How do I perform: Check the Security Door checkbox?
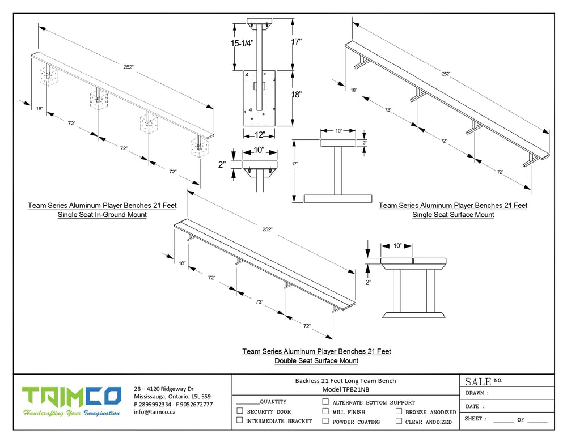pyautogui.click(x=240, y=411)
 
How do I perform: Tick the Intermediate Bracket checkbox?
pyautogui.click(x=240, y=420)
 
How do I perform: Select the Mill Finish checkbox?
pyautogui.click(x=325, y=411)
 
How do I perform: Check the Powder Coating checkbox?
pyautogui.click(x=325, y=421)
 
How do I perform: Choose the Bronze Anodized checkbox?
pyautogui.click(x=399, y=411)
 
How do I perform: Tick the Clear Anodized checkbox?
pyautogui.click(x=399, y=421)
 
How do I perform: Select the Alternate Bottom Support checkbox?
pyautogui.click(x=325, y=402)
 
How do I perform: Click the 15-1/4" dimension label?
pyautogui.click(x=242, y=43)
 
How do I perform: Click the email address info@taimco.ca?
pyautogui.click(x=155, y=412)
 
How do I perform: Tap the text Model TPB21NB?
pyautogui.click(x=346, y=389)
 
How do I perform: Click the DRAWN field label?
pyautogui.click(x=477, y=393)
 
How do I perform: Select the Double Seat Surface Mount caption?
pyautogui.click(x=316, y=360)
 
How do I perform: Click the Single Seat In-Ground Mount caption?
pyautogui.click(x=102, y=215)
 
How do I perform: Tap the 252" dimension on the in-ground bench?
pyautogui.click(x=129, y=67)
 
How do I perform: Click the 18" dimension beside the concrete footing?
pyautogui.click(x=296, y=95)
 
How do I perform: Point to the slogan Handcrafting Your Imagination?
pyautogui.click(x=71, y=413)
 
